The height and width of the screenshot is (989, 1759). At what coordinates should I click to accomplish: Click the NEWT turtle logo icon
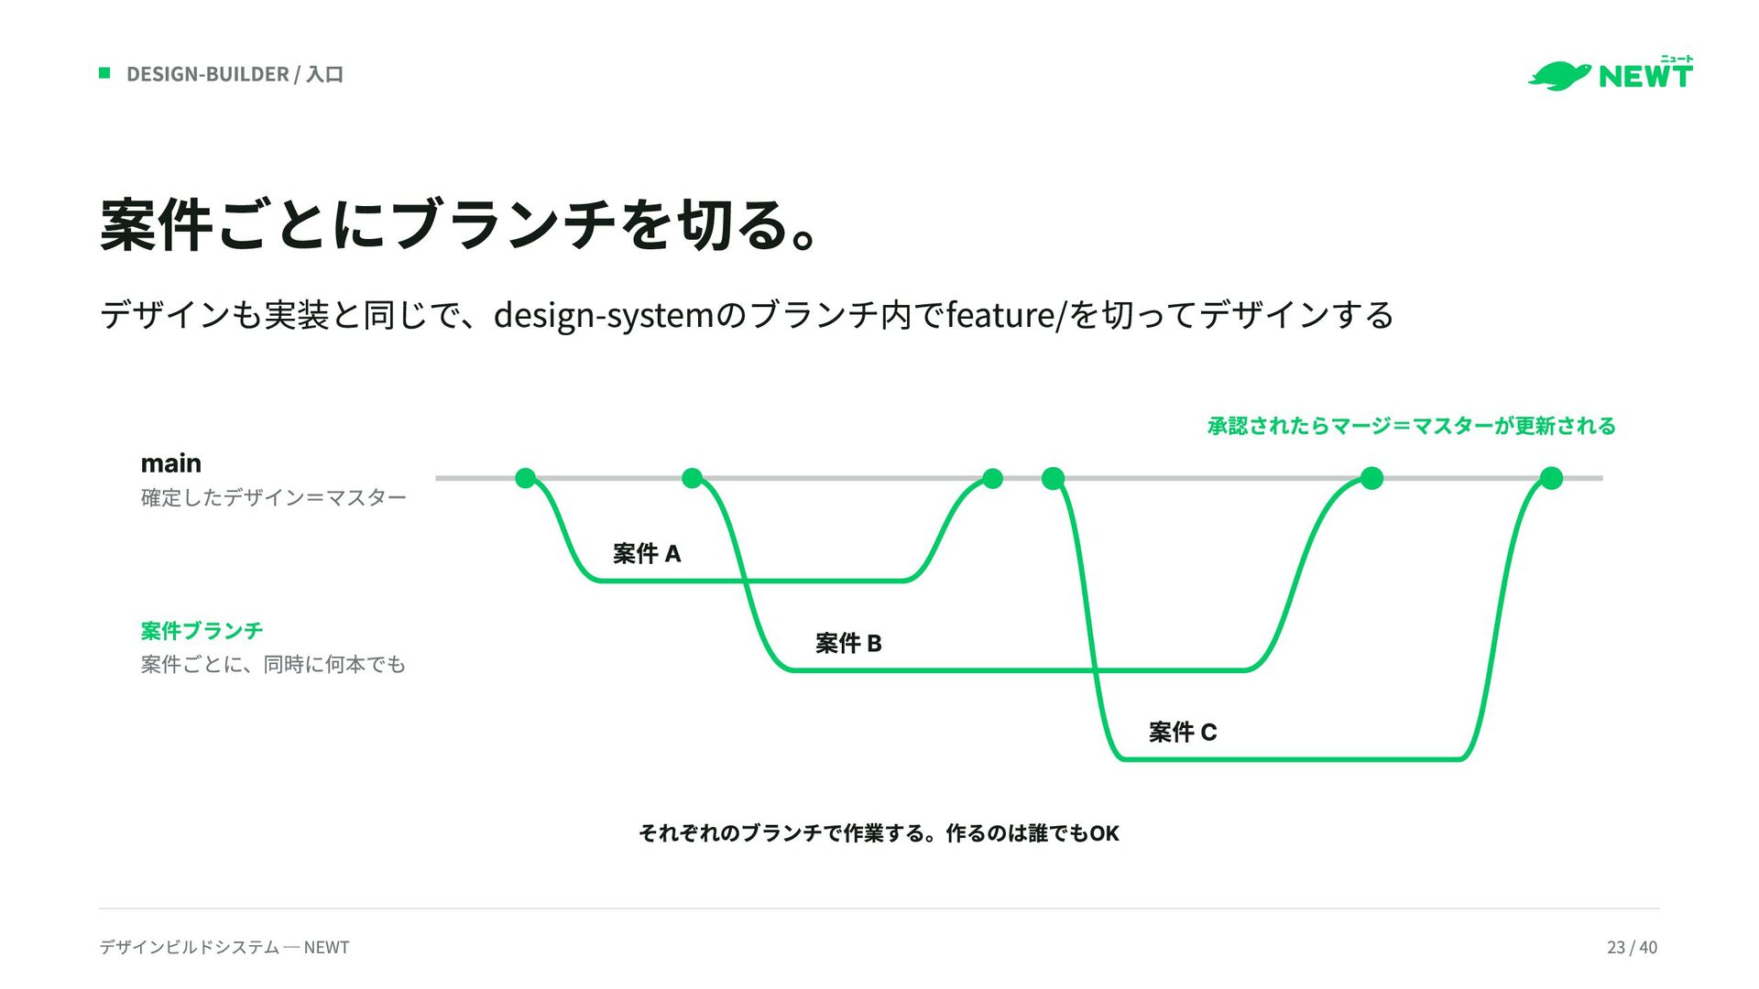pos(1558,76)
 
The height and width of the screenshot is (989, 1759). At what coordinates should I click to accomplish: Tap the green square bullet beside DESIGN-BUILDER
pos(104,73)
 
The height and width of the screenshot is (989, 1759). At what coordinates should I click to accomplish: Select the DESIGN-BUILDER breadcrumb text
pos(208,74)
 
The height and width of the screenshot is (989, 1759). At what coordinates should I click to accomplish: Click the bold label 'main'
pos(170,463)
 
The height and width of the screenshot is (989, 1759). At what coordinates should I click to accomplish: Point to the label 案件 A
pos(647,553)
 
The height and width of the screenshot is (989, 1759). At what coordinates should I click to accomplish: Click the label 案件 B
pos(848,643)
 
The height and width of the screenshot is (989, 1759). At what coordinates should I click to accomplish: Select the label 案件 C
pos(1183,732)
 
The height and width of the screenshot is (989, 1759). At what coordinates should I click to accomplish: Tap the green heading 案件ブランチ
pos(202,631)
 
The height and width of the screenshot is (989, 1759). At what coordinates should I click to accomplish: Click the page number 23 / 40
pos(1632,947)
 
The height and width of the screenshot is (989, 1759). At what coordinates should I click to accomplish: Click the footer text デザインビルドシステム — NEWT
pos(224,947)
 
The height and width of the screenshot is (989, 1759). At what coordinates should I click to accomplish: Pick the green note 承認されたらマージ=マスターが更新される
pos(1411,426)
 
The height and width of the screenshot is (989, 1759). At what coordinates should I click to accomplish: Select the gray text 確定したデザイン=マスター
pos(273,497)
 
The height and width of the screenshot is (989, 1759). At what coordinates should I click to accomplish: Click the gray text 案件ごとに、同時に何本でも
pos(273,664)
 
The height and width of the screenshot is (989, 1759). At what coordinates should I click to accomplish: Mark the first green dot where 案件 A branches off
pos(526,478)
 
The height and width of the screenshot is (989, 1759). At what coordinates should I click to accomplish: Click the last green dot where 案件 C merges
pos(1551,478)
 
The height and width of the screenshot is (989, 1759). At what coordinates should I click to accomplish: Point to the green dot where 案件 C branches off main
pos(1054,478)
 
